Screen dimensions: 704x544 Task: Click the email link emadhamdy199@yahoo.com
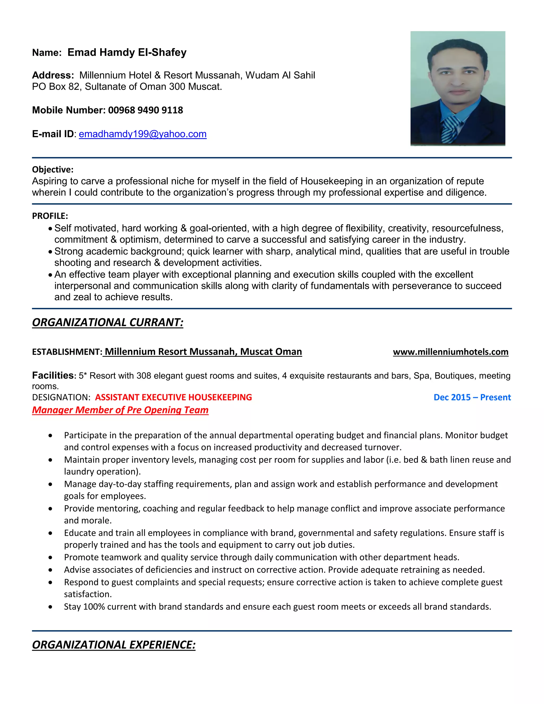(x=142, y=134)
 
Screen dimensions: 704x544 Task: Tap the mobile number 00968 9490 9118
(x=145, y=110)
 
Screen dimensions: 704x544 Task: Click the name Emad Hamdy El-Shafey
(x=127, y=52)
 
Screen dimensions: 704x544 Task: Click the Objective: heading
(x=53, y=169)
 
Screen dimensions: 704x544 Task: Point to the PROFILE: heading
(x=50, y=216)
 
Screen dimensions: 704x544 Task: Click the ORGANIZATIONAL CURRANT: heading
(x=108, y=322)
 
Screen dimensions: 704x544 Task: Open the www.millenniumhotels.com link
(x=450, y=352)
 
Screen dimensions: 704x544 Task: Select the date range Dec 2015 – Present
(x=472, y=397)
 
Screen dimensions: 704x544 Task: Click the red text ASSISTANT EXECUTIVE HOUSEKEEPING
(x=173, y=397)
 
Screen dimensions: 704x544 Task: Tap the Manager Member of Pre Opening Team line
(x=120, y=410)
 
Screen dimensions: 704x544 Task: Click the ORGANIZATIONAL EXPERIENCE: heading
(x=114, y=645)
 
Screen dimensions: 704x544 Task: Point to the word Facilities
(x=53, y=375)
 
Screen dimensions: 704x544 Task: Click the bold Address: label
(x=53, y=75)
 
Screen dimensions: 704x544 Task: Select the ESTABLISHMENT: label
(x=67, y=352)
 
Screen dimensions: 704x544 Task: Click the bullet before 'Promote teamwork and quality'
(x=50, y=557)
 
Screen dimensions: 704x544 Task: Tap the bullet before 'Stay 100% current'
(x=50, y=607)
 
